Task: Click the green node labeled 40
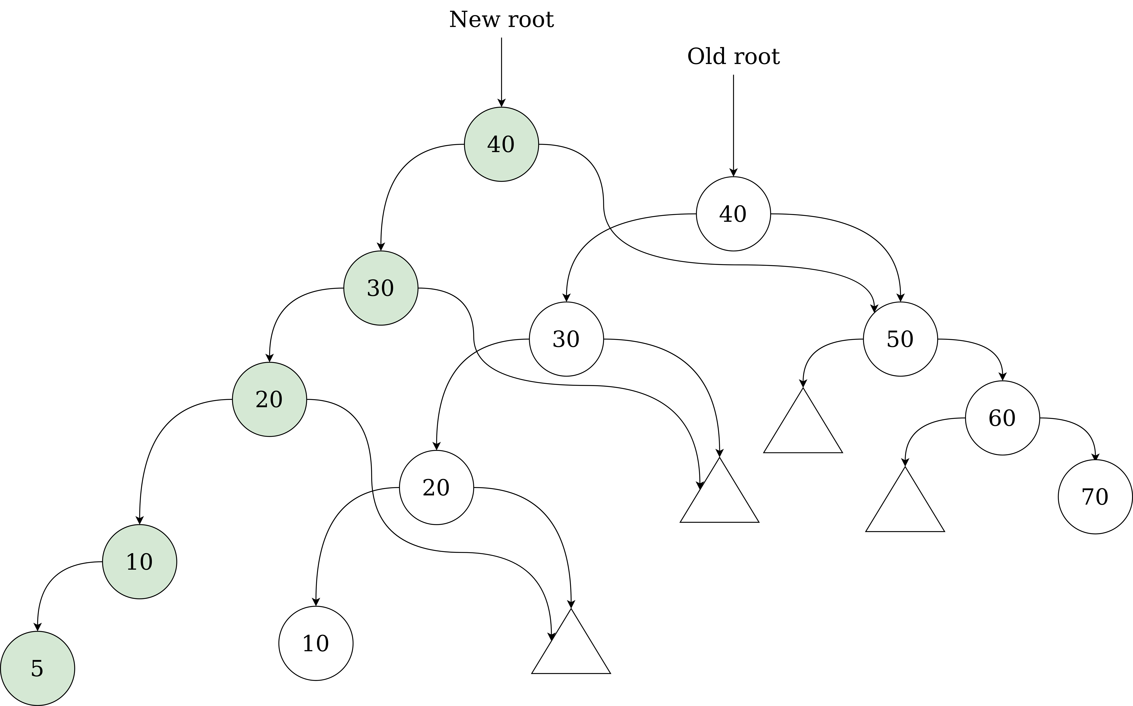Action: coord(501,144)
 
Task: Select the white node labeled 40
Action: coord(733,214)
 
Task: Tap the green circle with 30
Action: coord(381,288)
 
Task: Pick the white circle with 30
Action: coord(566,339)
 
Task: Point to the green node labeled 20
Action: coord(269,399)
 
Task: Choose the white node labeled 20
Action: coord(436,488)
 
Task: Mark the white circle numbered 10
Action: coord(316,643)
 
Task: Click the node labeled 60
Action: coord(1002,418)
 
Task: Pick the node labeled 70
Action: coord(1095,497)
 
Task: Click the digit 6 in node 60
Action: coord(995,418)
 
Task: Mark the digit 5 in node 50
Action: coord(893,339)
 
